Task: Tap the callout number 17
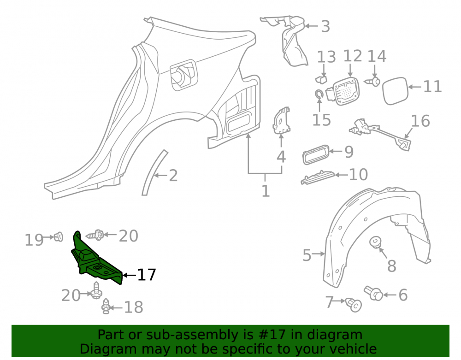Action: coord(147,275)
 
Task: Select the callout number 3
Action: coord(325,26)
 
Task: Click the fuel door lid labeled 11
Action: coord(395,91)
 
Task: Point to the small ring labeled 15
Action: coord(319,94)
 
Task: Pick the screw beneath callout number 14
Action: coord(373,82)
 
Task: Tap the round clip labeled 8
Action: coord(375,242)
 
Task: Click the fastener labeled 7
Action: coord(354,305)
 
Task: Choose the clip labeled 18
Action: coord(106,307)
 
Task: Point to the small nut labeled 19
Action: coord(58,237)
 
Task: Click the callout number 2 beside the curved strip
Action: coord(173,176)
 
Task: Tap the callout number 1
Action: coord(266,191)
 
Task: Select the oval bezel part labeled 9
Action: coord(315,154)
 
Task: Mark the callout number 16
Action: coord(420,121)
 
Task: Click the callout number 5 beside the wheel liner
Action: coord(307,255)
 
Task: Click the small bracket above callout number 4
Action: coord(281,120)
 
